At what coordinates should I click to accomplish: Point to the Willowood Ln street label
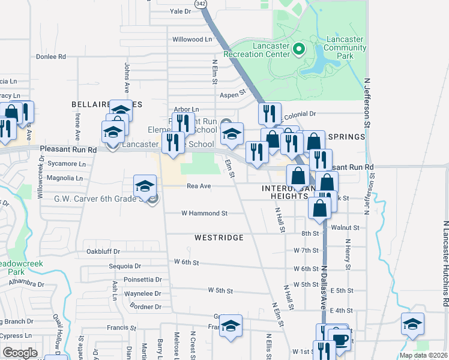pos(193,39)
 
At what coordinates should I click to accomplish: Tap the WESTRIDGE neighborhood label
pos(219,238)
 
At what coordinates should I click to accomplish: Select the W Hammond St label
pos(205,213)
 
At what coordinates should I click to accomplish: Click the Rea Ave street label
pos(199,186)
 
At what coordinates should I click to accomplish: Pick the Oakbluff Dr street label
pos(103,251)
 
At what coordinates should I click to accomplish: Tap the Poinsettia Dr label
pos(142,280)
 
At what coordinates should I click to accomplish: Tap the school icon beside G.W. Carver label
pos(145,187)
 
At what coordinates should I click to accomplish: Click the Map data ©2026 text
pos(423,355)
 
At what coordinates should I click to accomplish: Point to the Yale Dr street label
pos(180,11)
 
